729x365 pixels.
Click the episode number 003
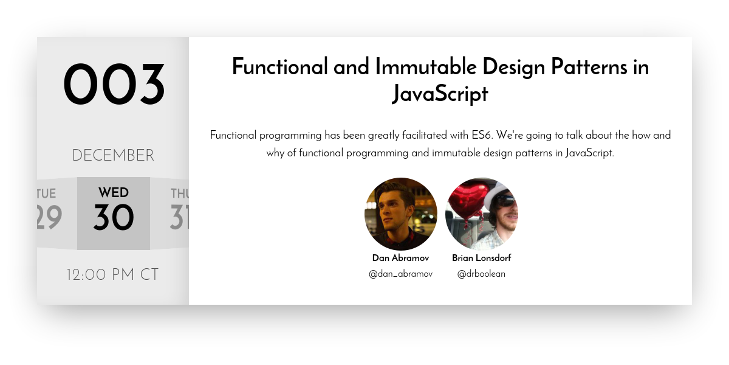[114, 85]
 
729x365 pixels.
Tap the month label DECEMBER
[113, 156]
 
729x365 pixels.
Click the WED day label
[114, 193]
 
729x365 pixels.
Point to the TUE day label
[47, 194]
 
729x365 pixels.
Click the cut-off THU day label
[180, 194]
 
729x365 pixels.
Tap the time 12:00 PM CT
[113, 275]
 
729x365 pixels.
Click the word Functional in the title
[280, 67]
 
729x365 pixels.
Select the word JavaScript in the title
[440, 94]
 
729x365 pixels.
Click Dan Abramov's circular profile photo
[400, 214]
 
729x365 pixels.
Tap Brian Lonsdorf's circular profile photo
[482, 214]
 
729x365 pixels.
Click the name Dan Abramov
[400, 258]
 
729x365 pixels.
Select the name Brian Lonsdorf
[481, 258]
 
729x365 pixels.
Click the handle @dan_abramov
[400, 274]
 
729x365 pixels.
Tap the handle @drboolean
[481, 274]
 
